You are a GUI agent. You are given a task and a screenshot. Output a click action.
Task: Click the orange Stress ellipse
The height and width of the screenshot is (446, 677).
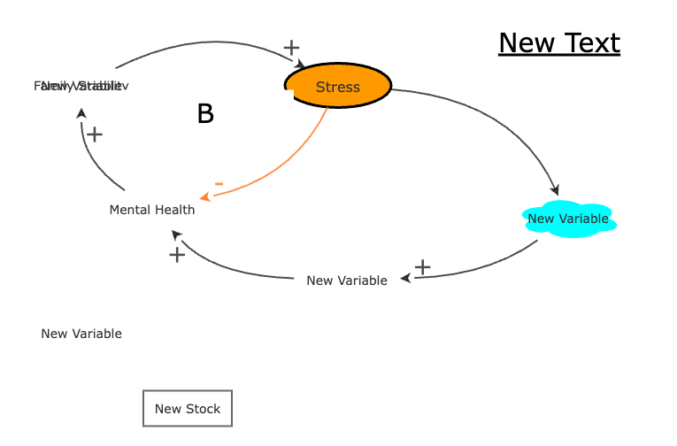click(337, 87)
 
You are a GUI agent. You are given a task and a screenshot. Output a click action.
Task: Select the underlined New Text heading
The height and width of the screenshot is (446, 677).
click(559, 42)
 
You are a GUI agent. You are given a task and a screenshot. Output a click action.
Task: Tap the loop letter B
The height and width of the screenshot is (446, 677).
click(205, 114)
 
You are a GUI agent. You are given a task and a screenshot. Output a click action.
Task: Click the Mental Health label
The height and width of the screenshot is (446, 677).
click(152, 210)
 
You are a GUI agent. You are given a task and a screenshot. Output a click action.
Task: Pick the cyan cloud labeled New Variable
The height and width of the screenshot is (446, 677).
click(568, 219)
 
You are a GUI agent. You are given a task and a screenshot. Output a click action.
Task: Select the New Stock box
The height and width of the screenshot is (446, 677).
click(188, 409)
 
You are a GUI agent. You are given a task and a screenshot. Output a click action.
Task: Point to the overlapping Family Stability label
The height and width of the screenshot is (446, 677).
click(81, 86)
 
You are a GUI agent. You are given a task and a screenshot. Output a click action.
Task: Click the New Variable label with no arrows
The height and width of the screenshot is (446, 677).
click(81, 334)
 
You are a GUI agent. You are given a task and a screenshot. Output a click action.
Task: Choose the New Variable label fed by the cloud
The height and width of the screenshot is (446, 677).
click(347, 281)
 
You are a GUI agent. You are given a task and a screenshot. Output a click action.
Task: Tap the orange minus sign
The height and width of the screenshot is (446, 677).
click(219, 184)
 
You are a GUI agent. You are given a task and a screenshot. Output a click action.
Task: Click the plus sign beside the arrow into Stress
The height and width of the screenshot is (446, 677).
click(291, 48)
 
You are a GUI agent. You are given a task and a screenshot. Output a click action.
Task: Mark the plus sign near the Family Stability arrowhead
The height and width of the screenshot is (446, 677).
click(95, 135)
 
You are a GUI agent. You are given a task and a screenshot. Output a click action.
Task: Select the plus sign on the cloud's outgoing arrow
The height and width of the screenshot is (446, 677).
click(423, 266)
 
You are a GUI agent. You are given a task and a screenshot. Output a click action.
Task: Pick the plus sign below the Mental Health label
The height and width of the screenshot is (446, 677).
click(177, 255)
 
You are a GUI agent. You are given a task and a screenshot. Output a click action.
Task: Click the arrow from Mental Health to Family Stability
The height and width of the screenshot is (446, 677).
click(93, 164)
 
